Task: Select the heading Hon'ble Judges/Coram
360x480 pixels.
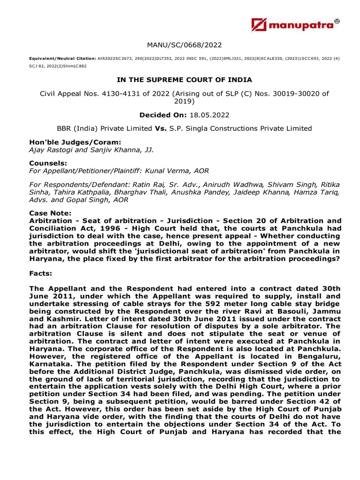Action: tap(68, 142)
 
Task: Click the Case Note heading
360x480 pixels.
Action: tap(49, 212)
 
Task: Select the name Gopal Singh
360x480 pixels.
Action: tap(85, 199)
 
